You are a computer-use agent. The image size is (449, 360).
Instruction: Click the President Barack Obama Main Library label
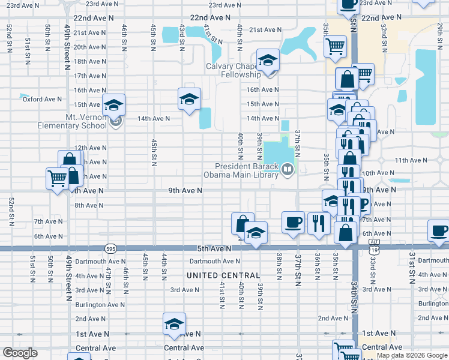[x=248, y=170]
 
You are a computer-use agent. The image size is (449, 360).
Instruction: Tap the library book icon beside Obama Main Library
[x=288, y=170]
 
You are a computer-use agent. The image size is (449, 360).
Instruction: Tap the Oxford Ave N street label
[x=43, y=99]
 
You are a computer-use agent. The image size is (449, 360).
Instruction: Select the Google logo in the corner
[x=20, y=353]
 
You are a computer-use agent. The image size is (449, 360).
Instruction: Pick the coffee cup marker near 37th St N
[x=293, y=223]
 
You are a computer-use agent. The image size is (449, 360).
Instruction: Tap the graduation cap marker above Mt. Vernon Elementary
[x=113, y=106]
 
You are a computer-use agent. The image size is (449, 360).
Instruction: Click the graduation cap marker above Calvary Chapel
[x=268, y=60]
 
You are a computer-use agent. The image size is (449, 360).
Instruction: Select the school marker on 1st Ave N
[x=174, y=325]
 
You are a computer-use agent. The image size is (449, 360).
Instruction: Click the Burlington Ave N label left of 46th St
[x=100, y=304]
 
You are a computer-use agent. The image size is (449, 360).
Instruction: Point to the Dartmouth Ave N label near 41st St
[x=214, y=261]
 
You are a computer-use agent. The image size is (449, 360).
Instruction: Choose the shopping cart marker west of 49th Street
[x=57, y=178]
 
